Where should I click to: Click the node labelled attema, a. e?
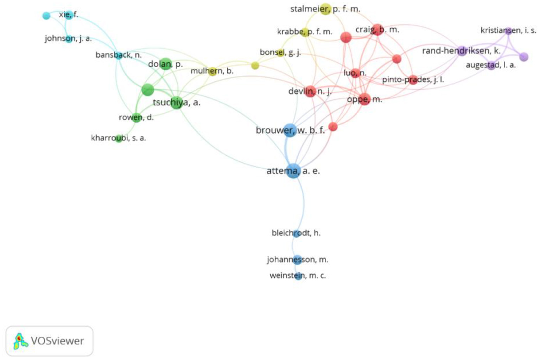click(293, 171)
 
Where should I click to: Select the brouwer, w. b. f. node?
click(290, 130)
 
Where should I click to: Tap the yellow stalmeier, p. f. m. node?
click(325, 9)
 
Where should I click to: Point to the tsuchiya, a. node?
click(177, 102)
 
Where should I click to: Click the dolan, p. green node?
click(165, 64)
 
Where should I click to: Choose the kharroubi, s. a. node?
click(119, 139)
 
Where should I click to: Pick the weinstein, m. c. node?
click(298, 276)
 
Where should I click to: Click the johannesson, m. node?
click(297, 260)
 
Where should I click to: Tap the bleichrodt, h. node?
click(297, 233)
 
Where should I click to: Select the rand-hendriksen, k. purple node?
click(462, 51)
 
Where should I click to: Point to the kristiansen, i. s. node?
click(508, 31)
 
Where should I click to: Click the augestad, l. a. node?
click(491, 65)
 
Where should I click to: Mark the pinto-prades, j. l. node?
click(413, 80)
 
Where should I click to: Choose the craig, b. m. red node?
click(377, 30)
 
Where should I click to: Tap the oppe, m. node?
click(364, 99)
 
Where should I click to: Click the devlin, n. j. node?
click(310, 92)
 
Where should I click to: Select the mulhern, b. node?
click(212, 71)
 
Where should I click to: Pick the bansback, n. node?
click(119, 55)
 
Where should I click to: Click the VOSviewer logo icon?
click(20, 341)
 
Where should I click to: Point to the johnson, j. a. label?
click(68, 39)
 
